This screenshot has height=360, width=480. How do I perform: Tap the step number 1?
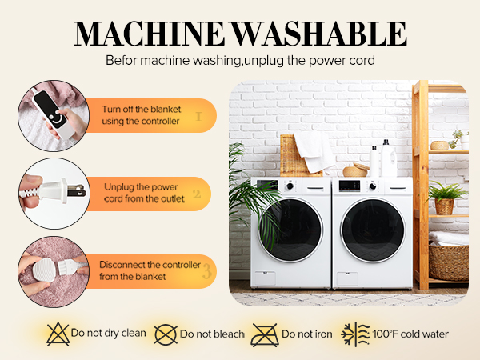[198, 115]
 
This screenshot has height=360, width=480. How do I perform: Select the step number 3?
[206, 271]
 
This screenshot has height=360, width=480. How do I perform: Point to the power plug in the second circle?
[48, 192]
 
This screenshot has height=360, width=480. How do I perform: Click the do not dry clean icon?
[57, 334]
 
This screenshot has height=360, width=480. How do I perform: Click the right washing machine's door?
[373, 228]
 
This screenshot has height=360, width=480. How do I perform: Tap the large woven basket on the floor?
[449, 261]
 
